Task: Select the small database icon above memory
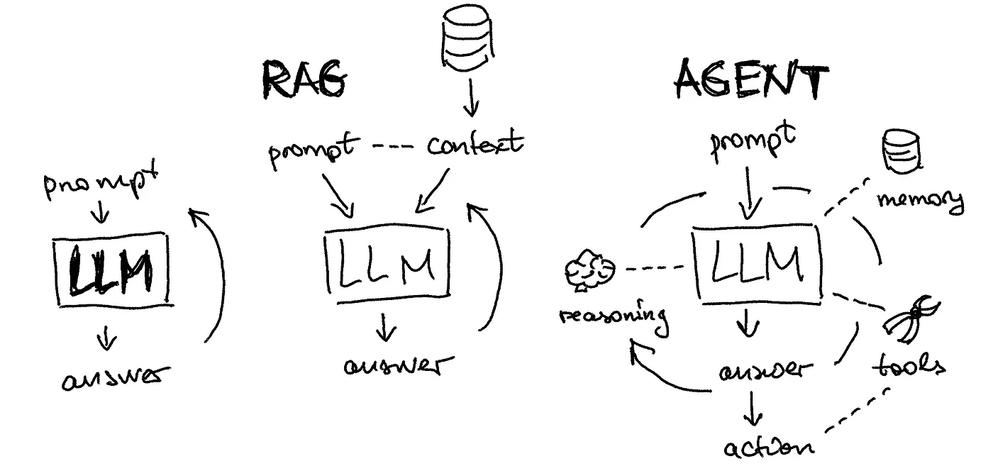(899, 151)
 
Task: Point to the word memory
(920, 200)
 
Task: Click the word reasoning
(614, 316)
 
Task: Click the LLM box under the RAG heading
(387, 264)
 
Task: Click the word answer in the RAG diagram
(396, 367)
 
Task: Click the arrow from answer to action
(753, 410)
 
